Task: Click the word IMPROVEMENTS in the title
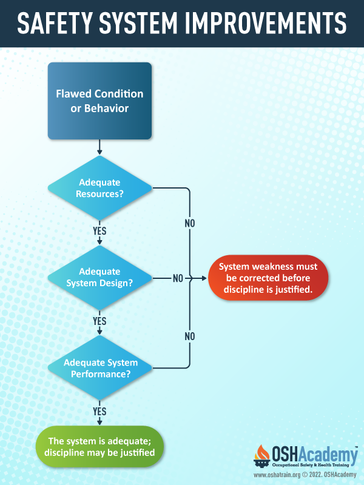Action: (266, 23)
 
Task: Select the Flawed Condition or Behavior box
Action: (99, 101)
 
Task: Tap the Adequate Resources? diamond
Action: (99, 188)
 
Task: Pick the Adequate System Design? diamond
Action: (99, 278)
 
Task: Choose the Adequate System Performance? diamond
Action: (99, 368)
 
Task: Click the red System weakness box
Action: (268, 278)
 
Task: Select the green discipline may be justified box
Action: (99, 447)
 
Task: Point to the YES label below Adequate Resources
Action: (99, 231)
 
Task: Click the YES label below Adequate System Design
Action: (99, 321)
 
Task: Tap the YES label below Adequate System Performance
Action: (99, 412)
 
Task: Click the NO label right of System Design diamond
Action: (178, 278)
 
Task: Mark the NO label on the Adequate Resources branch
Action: (190, 223)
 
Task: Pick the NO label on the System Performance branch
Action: (190, 336)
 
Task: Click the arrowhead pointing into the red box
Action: (204, 278)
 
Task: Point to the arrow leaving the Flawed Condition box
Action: (99, 147)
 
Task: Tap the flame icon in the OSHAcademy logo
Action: (262, 453)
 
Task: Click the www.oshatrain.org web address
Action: (277, 475)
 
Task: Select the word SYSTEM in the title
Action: (138, 23)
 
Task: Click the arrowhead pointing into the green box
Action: (99, 423)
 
